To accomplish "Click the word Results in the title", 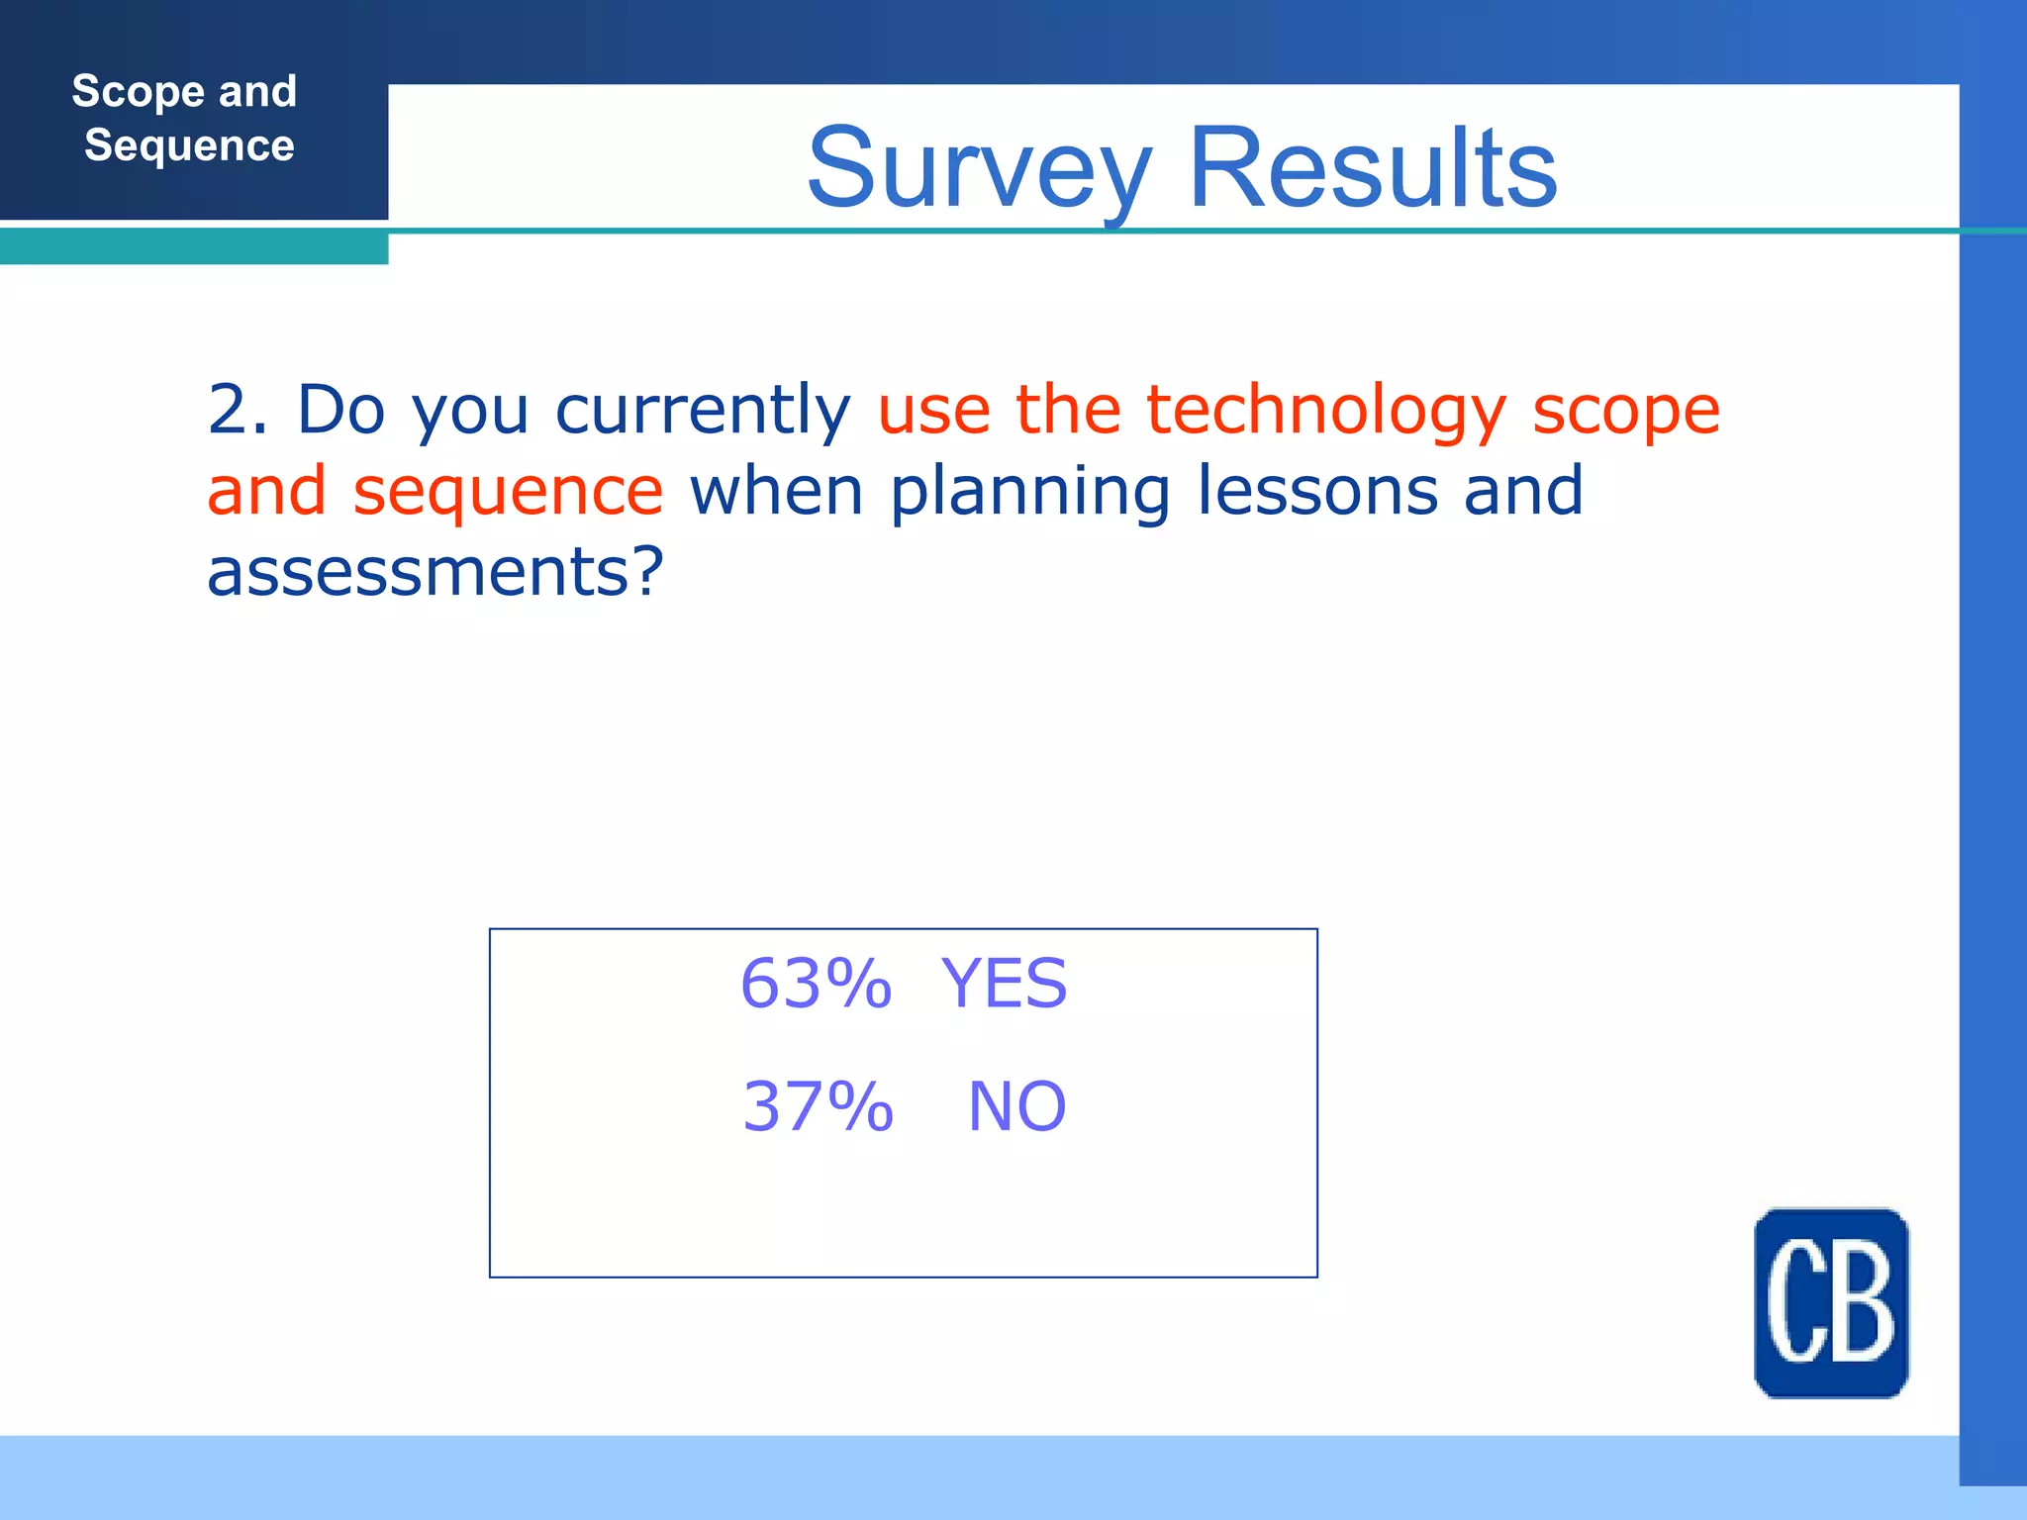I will (x=1372, y=168).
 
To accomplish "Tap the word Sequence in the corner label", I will (x=189, y=145).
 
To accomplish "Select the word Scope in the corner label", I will (x=138, y=92).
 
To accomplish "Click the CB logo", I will (x=1830, y=1302).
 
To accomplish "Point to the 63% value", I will (x=816, y=985).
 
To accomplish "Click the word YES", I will (x=1004, y=985).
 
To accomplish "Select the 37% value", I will (x=818, y=1106).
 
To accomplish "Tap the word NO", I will (x=1016, y=1106).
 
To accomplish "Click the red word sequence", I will (x=508, y=492).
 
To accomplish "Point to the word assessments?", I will (x=434, y=572).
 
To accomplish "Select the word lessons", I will (x=1316, y=491).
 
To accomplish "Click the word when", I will (x=776, y=491).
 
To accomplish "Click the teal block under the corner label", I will (x=193, y=246).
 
